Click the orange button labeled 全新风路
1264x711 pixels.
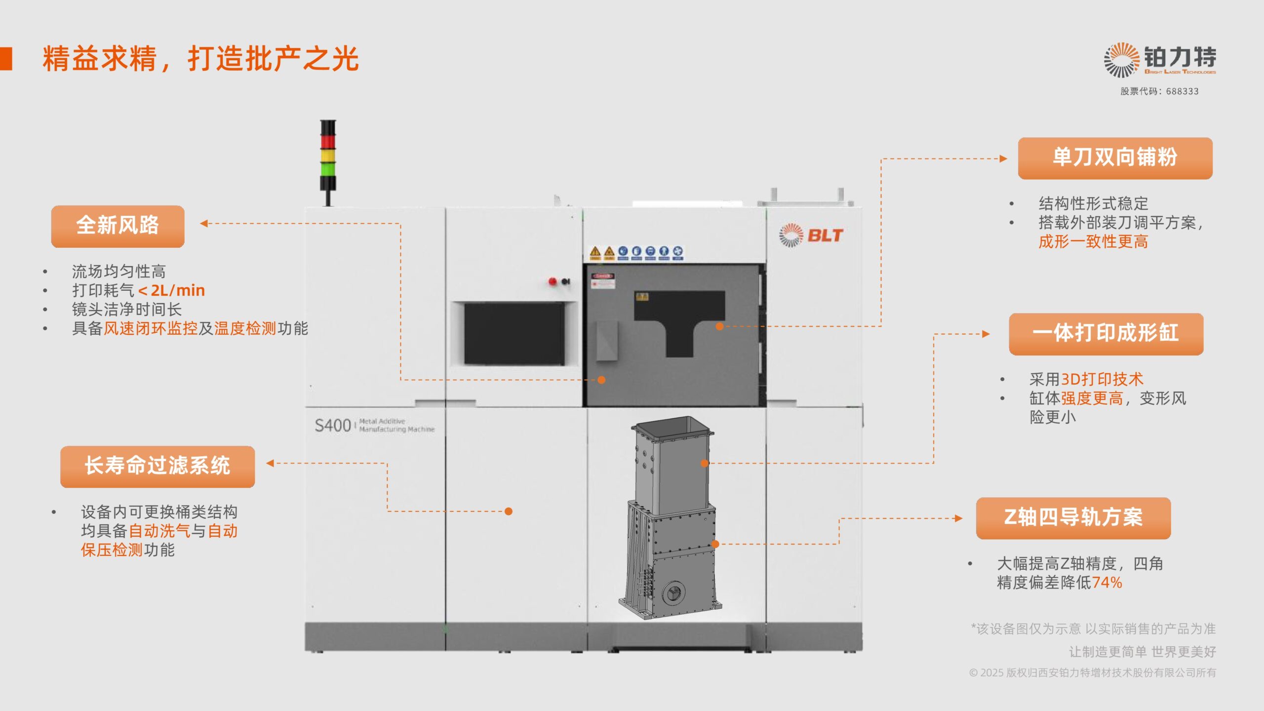[118, 226]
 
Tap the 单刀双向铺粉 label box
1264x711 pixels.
[1115, 158]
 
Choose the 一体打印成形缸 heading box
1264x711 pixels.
[1106, 334]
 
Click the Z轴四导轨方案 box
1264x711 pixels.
[1073, 518]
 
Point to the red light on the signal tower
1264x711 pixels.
[328, 142]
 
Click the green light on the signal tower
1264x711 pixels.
[328, 169]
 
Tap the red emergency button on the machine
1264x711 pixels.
[553, 281]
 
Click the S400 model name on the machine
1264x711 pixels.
[333, 425]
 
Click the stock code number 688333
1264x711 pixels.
[1182, 91]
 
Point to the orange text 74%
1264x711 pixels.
[1107, 583]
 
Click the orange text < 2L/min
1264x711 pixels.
[171, 290]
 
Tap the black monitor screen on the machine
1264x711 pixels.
[514, 333]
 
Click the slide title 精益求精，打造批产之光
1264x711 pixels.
[200, 59]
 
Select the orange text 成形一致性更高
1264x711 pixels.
[1093, 242]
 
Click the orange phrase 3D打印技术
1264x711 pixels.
[1102, 379]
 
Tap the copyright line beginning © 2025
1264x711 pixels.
[1092, 672]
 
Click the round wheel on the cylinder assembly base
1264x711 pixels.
[673, 592]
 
